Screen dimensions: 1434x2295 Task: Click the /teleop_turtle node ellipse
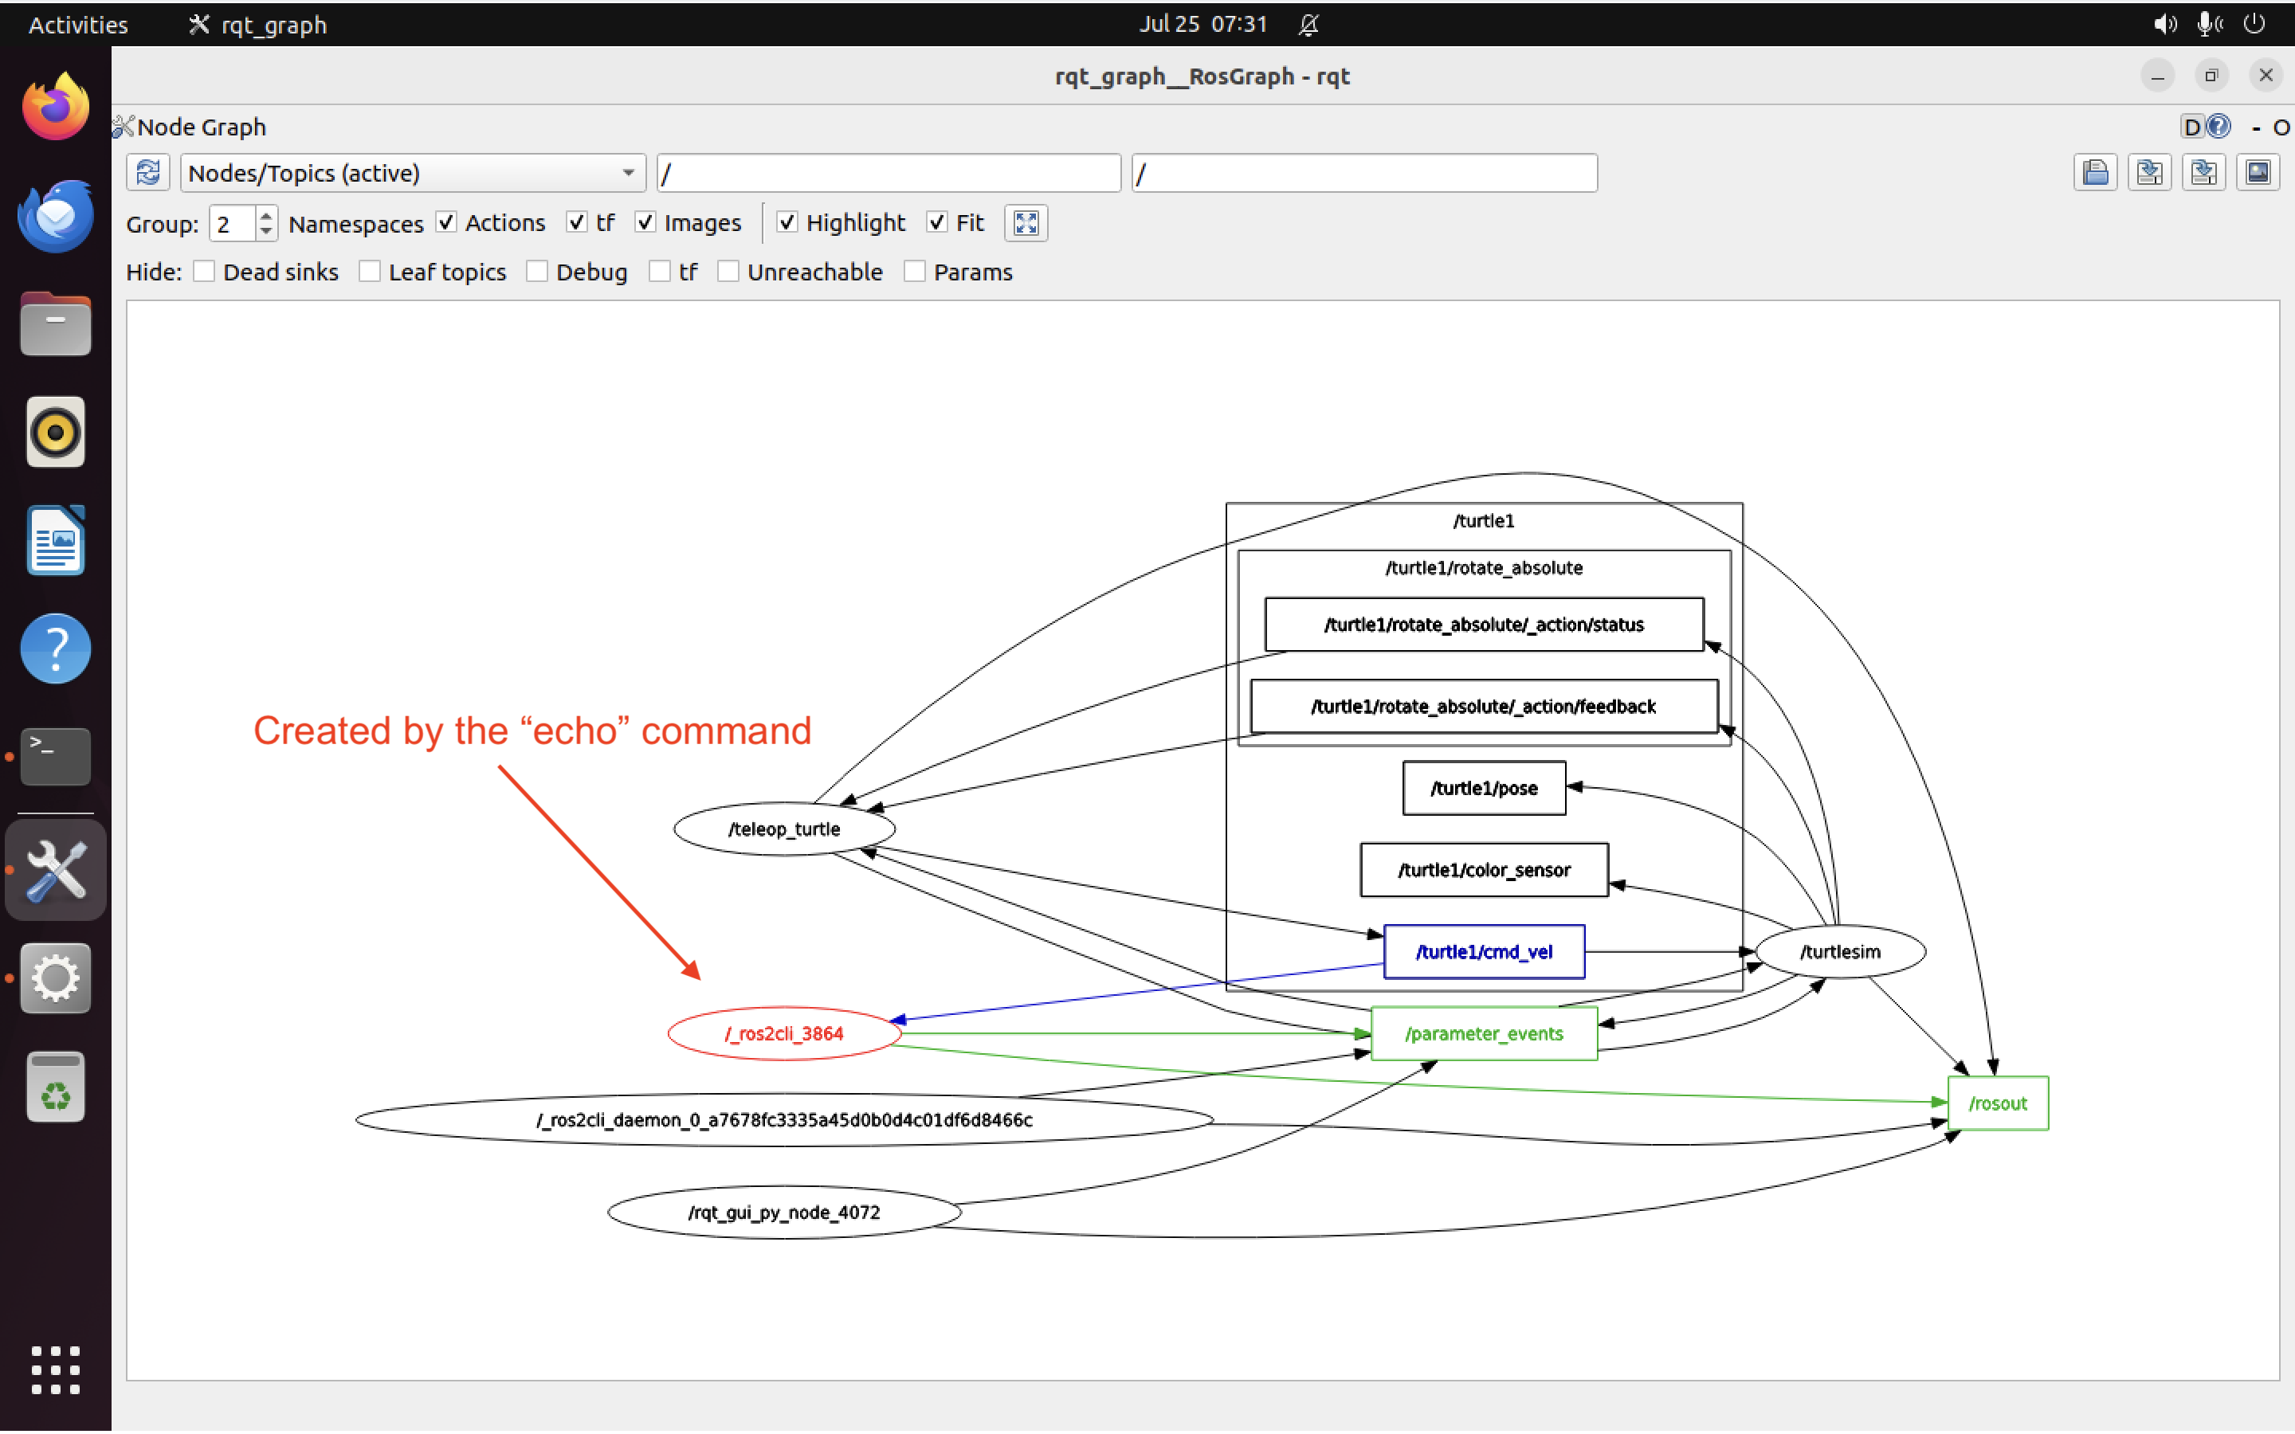coord(783,829)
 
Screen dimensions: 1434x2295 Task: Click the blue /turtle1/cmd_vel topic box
coord(1483,951)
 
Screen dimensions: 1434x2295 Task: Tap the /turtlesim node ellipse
coord(1839,951)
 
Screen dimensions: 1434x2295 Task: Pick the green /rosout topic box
coord(1997,1103)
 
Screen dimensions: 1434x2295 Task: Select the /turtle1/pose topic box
coord(1483,788)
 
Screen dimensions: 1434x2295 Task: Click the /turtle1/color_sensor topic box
coord(1483,870)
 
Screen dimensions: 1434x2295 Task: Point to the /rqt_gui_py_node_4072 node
coord(783,1212)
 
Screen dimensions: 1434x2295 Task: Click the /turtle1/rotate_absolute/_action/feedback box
coord(1483,707)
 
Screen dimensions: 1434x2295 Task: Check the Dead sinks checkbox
coord(204,272)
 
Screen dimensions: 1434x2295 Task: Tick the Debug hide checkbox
coord(538,272)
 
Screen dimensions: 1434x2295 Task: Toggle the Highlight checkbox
coord(787,223)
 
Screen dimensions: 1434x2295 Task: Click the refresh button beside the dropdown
coord(148,174)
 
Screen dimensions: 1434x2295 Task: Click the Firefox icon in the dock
coord(55,106)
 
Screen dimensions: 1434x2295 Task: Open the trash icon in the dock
coord(55,1087)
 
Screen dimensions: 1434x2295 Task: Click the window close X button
coord(2266,76)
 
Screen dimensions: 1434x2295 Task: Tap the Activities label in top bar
coord(78,25)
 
